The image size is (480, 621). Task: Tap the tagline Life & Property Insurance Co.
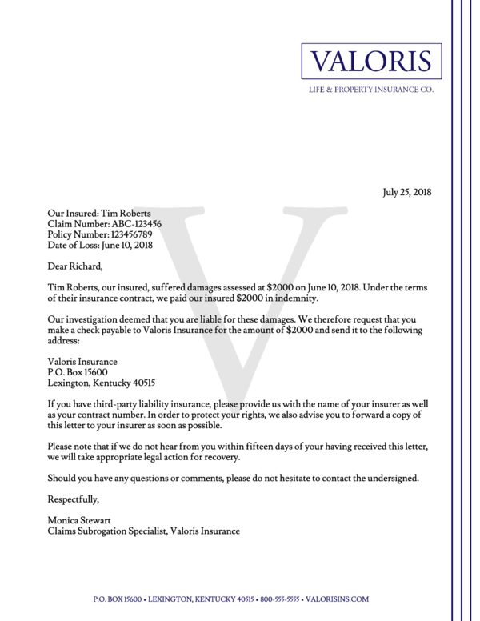[x=371, y=90]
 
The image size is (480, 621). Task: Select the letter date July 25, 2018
[x=406, y=192]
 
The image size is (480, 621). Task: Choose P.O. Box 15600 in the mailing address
[x=78, y=371]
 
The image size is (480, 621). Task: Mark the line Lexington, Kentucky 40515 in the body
[x=102, y=382]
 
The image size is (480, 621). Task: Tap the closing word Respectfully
[x=73, y=499]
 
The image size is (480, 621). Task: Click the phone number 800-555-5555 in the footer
[x=286, y=599]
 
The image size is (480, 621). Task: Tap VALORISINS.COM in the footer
[x=342, y=599]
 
